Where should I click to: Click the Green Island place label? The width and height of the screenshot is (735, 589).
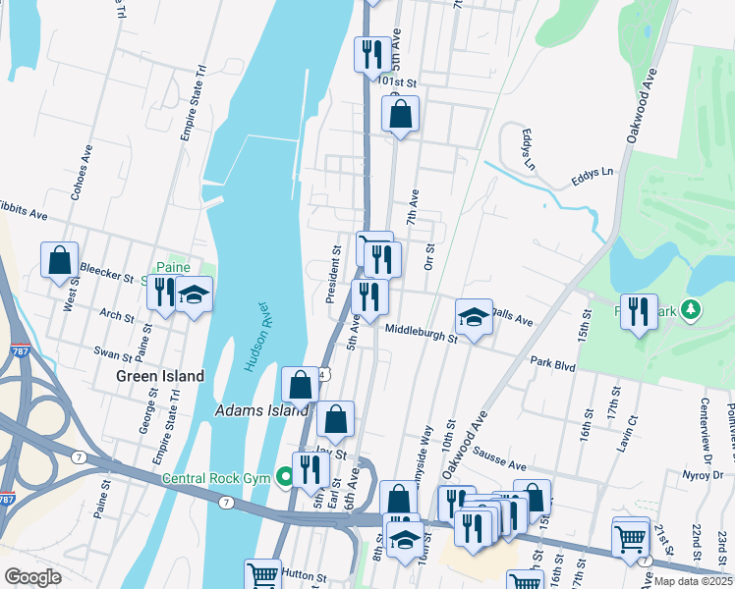click(x=160, y=376)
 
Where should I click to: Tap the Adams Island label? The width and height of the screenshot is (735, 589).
click(x=261, y=410)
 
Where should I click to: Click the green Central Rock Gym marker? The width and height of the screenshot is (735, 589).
click(x=285, y=478)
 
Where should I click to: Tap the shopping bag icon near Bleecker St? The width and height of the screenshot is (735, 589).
click(x=60, y=260)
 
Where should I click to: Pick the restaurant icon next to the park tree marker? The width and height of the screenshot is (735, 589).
click(x=640, y=311)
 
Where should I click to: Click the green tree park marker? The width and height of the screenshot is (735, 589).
click(x=692, y=310)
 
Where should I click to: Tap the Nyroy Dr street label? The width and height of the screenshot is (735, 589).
click(x=703, y=474)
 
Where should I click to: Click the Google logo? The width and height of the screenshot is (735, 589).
click(x=32, y=576)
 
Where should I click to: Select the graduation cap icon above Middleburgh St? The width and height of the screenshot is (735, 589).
click(x=474, y=317)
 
